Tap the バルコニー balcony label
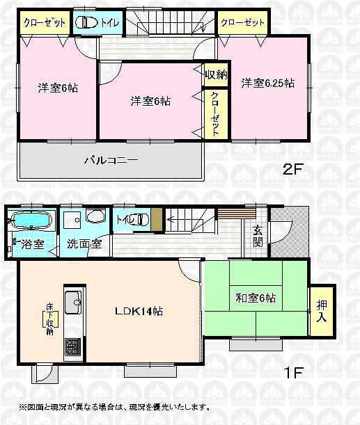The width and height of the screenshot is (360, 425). (111, 160)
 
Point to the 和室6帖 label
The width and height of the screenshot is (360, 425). (255, 298)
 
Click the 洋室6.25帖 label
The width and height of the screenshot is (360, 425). (268, 83)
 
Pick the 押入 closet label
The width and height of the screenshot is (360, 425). (322, 310)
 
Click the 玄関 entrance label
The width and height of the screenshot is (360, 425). (258, 236)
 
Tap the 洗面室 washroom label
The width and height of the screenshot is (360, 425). (85, 244)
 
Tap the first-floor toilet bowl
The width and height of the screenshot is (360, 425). (141, 220)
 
